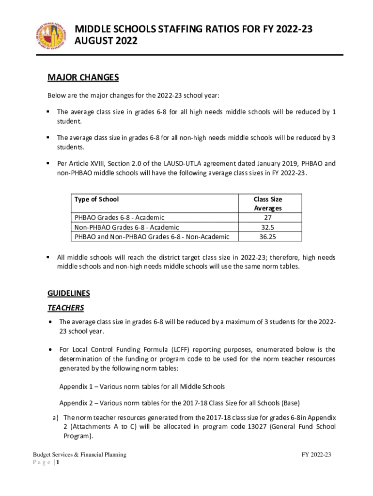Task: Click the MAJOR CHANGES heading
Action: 83,78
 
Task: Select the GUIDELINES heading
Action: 68,294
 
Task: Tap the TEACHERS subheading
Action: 65,308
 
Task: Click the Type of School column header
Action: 96,199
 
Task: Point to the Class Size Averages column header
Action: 268,203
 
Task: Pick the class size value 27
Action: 268,217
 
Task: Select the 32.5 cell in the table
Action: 268,227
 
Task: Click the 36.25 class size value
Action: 268,237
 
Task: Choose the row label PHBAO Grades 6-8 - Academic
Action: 119,217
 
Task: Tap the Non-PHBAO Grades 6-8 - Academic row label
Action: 126,227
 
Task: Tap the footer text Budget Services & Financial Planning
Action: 79,455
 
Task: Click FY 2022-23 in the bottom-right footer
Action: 316,455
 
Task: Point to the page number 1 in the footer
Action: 58,463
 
